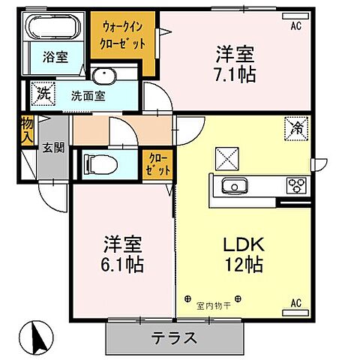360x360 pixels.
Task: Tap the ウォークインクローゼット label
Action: pyautogui.click(x=124, y=36)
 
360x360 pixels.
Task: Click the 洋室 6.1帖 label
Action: pyautogui.click(x=123, y=254)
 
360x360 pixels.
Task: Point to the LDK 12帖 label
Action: pyautogui.click(x=242, y=254)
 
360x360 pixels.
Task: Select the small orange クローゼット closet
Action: pyautogui.click(x=157, y=165)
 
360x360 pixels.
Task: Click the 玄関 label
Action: pyautogui.click(x=52, y=147)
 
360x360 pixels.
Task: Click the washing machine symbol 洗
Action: pyautogui.click(x=43, y=95)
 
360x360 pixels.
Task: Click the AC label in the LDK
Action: pyautogui.click(x=295, y=302)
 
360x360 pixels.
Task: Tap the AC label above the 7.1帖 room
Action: pyautogui.click(x=295, y=25)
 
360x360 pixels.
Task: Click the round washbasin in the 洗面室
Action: pyautogui.click(x=105, y=77)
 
